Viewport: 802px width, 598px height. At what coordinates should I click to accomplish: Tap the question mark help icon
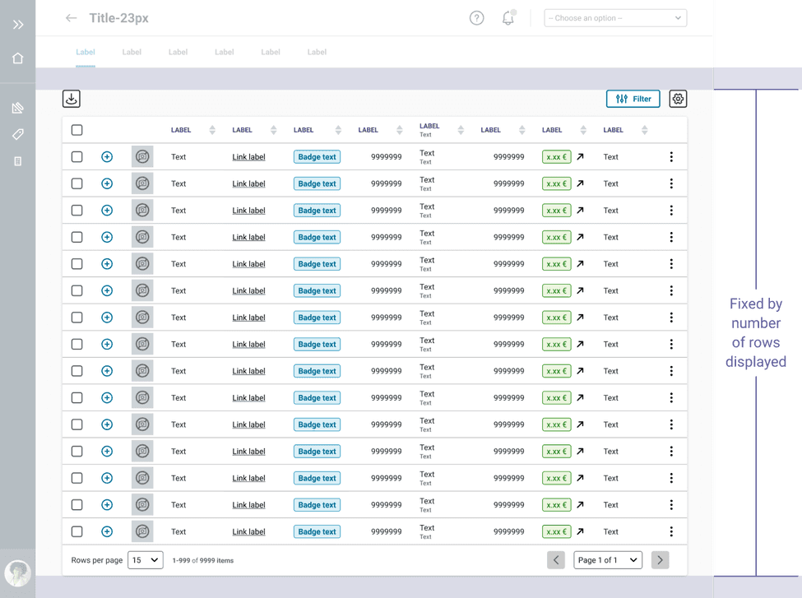click(476, 18)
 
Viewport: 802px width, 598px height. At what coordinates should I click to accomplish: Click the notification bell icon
click(508, 18)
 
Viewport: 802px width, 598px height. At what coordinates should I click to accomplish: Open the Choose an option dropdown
click(615, 18)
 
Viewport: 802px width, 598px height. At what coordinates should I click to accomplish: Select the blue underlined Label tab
click(86, 52)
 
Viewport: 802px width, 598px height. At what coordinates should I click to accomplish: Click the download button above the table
click(72, 99)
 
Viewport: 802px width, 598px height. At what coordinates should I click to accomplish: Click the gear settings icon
click(678, 99)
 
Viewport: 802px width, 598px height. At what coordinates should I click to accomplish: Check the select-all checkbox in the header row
click(76, 130)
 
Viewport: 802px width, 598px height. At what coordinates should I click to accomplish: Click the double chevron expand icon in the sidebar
click(18, 25)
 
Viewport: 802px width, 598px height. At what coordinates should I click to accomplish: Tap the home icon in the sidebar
click(18, 58)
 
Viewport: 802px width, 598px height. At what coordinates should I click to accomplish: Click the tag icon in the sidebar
click(18, 134)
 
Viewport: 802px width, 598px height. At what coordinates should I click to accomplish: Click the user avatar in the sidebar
click(17, 573)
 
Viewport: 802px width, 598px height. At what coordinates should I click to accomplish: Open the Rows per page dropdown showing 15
click(145, 560)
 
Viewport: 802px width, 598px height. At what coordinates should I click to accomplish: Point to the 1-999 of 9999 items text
click(203, 561)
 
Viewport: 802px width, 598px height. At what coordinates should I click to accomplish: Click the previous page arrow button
click(556, 560)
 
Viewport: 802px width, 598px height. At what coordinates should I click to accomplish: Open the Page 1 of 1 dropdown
click(608, 560)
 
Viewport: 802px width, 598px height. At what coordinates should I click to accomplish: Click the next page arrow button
click(660, 560)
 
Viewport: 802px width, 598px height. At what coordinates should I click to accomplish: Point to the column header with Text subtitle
click(430, 130)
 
